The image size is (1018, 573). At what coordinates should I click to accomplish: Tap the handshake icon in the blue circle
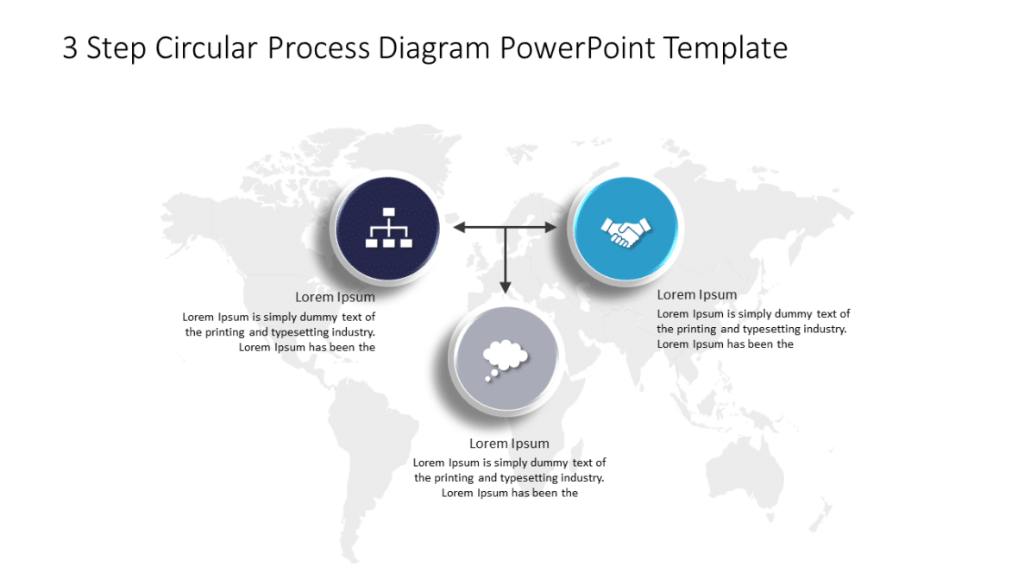(625, 230)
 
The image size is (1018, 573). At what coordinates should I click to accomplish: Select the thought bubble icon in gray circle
(505, 358)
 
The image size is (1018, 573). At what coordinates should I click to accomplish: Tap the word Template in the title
(726, 48)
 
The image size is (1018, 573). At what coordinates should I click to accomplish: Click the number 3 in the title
(70, 48)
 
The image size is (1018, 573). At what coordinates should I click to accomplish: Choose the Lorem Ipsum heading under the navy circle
(335, 298)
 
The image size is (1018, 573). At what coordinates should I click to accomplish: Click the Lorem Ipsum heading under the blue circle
(697, 295)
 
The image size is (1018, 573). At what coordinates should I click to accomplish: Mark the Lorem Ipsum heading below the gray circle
(509, 444)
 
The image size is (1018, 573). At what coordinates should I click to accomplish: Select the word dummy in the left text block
(318, 317)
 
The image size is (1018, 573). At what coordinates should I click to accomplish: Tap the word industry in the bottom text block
(582, 478)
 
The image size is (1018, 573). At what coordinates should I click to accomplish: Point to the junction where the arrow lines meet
(506, 227)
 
